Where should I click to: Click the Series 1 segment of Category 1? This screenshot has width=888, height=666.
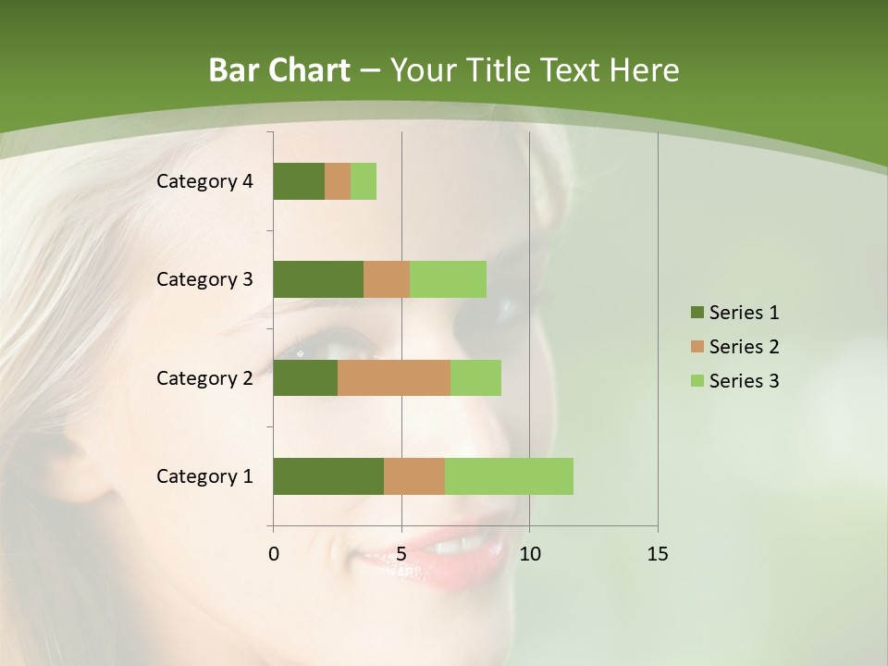[328, 476]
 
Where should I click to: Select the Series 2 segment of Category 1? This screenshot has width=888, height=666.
[414, 476]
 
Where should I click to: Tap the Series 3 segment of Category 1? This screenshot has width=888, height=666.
[509, 476]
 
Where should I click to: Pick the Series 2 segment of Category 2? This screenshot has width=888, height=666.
[394, 377]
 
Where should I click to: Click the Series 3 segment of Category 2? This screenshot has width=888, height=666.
[475, 377]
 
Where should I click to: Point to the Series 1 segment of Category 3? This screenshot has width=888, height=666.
[318, 279]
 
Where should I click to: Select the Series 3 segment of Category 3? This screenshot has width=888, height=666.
[448, 279]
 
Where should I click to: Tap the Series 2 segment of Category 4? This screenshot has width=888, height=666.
[338, 181]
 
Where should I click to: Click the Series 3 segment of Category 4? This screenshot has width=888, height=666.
[364, 181]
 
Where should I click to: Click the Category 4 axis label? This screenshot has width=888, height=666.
[204, 181]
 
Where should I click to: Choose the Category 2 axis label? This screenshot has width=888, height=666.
[204, 377]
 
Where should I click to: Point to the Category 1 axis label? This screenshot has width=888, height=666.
[204, 476]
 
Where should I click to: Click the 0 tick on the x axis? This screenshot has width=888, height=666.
[274, 554]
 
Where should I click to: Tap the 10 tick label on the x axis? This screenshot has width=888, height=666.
[529, 554]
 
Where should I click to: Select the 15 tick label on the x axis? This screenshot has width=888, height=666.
[657, 554]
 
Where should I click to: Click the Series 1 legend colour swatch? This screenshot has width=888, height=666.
[697, 313]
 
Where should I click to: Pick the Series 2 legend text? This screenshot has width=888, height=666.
[744, 347]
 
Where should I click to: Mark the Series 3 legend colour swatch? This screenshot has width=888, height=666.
[697, 381]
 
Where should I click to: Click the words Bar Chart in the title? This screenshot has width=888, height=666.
[279, 70]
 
